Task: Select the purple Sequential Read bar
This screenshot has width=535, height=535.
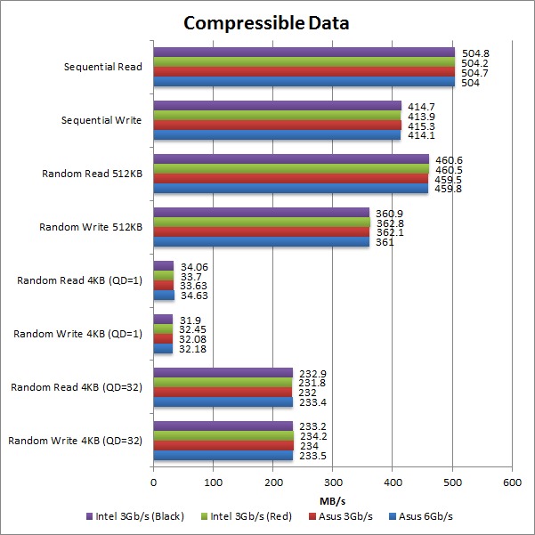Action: pos(304,52)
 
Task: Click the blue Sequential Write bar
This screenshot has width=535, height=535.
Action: pos(277,135)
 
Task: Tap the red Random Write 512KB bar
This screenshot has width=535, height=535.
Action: pos(261,232)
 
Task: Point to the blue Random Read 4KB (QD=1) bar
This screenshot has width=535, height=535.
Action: pos(164,296)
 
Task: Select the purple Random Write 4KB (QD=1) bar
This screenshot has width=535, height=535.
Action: pos(163,319)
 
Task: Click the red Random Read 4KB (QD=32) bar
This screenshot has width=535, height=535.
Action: pos(223,393)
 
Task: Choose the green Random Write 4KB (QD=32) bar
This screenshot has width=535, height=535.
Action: pos(223,436)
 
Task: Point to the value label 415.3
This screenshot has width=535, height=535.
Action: pos(422,126)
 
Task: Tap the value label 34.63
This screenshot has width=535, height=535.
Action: pos(192,296)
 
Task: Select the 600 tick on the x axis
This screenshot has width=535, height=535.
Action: pos(512,482)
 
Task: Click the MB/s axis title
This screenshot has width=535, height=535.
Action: pos(332,500)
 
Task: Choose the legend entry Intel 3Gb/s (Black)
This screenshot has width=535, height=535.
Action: pos(139,517)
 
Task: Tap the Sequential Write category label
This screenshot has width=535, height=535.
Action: pos(101,120)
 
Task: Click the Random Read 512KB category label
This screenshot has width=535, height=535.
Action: pos(92,174)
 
